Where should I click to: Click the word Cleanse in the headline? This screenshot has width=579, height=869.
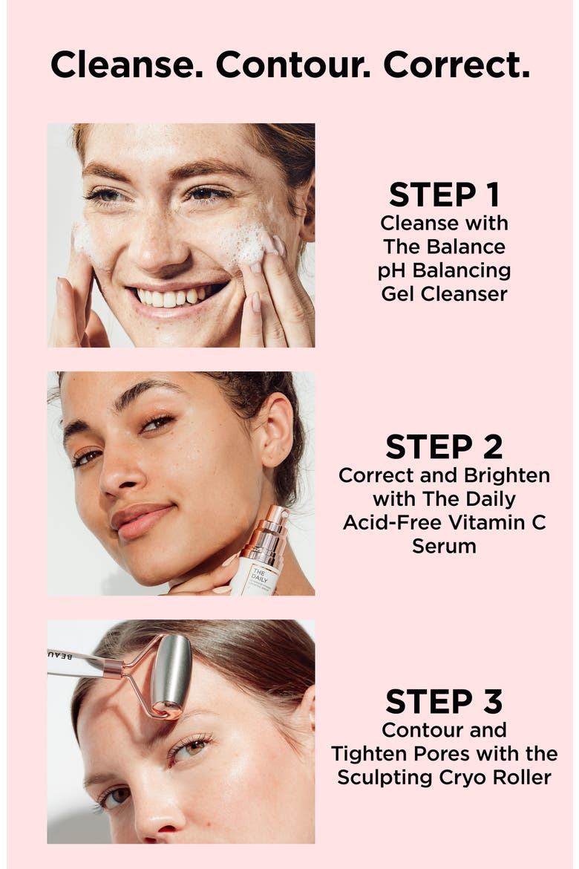click(126, 65)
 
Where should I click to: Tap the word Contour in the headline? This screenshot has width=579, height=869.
click(292, 65)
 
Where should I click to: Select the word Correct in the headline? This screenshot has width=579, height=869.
click(456, 65)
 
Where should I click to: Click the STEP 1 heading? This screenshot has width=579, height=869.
click(445, 195)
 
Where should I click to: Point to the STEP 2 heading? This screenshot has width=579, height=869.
click(445, 446)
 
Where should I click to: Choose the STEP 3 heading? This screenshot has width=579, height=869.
click(445, 702)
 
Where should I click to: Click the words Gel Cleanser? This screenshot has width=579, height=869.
click(445, 293)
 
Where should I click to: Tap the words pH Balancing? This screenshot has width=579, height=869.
click(445, 271)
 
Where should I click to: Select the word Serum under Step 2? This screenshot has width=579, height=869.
click(445, 547)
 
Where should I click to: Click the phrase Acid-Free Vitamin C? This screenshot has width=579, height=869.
click(445, 523)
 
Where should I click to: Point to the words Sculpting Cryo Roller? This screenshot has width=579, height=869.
click(445, 778)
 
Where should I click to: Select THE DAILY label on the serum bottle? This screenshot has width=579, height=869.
click(259, 576)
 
